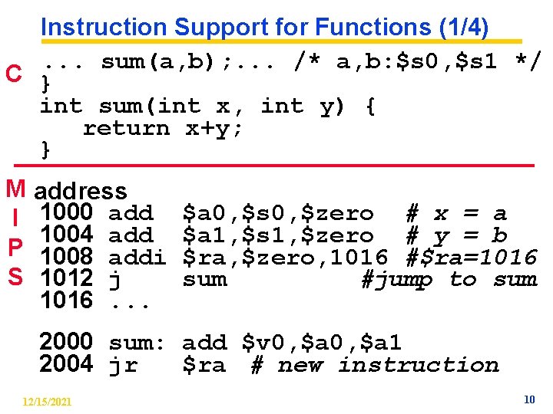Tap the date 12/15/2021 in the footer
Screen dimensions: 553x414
(48, 401)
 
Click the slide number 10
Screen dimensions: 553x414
(528, 399)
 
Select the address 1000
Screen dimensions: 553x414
(67, 212)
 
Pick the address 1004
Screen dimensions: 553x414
(67, 235)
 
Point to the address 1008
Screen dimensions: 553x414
(67, 257)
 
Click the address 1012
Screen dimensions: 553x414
(67, 278)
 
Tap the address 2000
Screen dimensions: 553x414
(67, 341)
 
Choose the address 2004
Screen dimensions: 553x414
(67, 364)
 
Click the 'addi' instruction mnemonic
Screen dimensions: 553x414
(137, 258)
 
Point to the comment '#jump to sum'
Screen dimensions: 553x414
(449, 280)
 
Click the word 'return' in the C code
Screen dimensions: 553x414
(126, 128)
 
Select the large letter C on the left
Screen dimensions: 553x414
(13, 74)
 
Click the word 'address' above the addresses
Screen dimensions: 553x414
(81, 191)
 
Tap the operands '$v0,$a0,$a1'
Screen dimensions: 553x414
(322, 343)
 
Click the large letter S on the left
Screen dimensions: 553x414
(15, 278)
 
